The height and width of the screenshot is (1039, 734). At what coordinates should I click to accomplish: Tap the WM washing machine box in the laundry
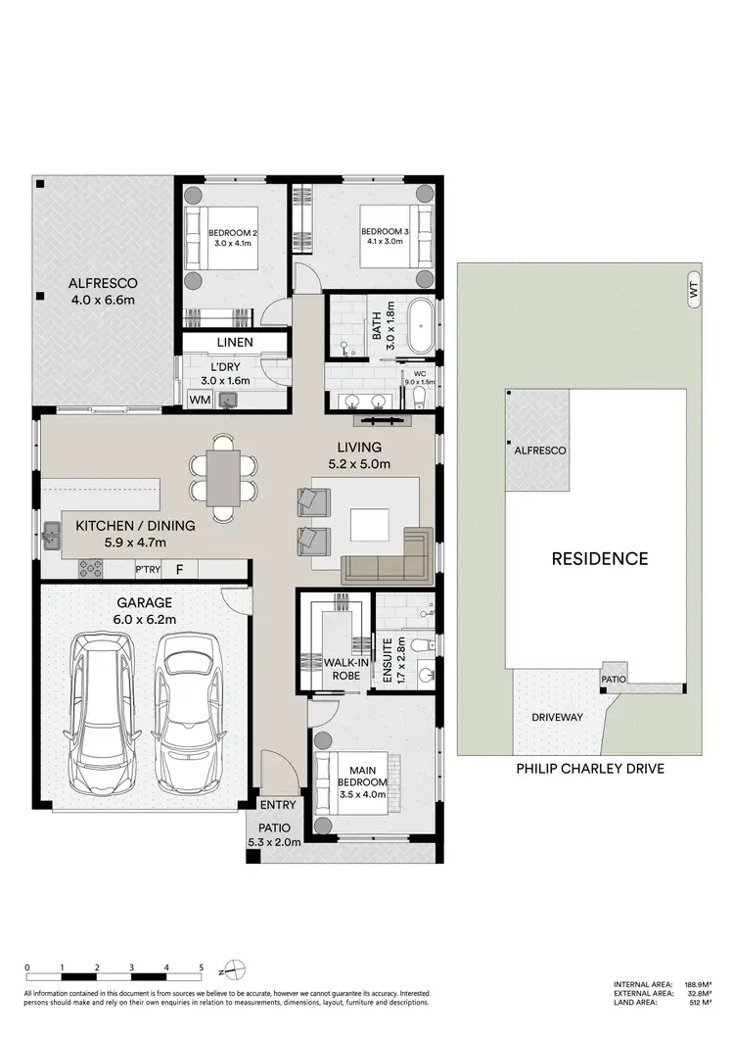click(199, 400)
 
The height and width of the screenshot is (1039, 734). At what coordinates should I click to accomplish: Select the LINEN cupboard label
click(235, 343)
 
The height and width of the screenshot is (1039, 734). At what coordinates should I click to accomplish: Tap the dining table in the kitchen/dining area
click(223, 475)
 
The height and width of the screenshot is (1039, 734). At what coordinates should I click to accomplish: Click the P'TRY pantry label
click(148, 568)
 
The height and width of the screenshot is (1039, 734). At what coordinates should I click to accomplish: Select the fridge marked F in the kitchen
click(179, 568)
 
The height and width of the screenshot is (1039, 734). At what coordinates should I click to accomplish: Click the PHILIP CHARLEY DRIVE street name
click(590, 769)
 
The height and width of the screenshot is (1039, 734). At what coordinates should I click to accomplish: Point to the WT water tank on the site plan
click(694, 290)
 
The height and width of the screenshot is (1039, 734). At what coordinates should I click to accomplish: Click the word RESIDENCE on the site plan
click(600, 559)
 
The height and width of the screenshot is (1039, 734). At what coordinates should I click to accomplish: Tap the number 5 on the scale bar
click(201, 967)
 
